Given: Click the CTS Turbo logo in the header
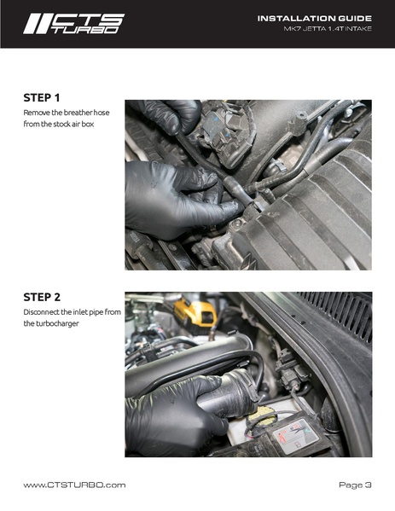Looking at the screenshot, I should coord(73,23).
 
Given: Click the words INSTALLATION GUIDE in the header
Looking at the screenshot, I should coord(315,17).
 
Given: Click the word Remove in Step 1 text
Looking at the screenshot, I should coord(38,113).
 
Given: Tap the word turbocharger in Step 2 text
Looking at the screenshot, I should coord(50,323).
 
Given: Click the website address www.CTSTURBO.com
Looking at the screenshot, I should coord(74,485).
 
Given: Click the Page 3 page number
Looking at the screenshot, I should coord(355,485).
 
